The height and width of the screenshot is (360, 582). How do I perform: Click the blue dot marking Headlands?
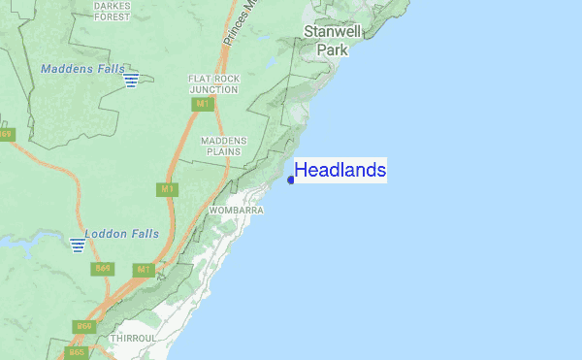pyautogui.click(x=291, y=180)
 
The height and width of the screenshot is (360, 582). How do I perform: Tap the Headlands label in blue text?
pyautogui.click(x=339, y=171)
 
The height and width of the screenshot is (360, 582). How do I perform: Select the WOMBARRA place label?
pyautogui.click(x=235, y=210)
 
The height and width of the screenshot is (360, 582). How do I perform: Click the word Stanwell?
pyautogui.click(x=333, y=31)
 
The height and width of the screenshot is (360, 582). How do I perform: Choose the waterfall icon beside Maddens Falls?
pyautogui.click(x=131, y=79)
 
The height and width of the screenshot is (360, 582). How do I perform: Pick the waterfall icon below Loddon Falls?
pyautogui.click(x=77, y=245)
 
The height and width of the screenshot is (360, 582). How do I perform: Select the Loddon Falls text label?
pyautogui.click(x=113, y=234)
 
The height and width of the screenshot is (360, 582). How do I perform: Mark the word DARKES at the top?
pyautogui.click(x=112, y=5)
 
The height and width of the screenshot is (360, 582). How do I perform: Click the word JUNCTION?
pyautogui.click(x=213, y=89)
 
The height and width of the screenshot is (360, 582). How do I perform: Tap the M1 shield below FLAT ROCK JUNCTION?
pyautogui.click(x=202, y=104)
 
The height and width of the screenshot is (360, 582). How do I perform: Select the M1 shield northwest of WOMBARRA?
pyautogui.click(x=168, y=188)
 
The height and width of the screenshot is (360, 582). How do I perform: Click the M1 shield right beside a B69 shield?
pyautogui.click(x=142, y=269)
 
